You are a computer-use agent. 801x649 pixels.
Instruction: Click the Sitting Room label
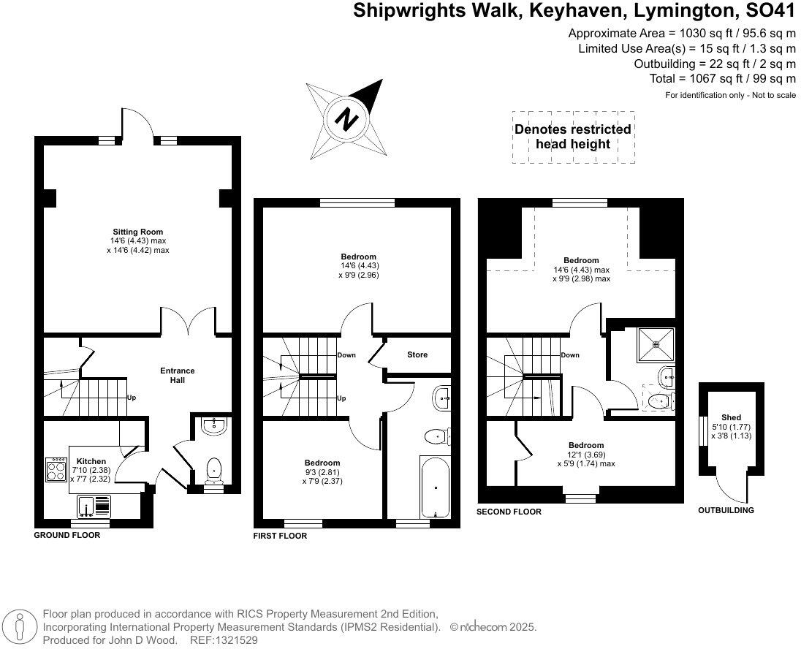(137, 232)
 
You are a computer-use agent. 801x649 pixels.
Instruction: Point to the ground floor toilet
(214, 469)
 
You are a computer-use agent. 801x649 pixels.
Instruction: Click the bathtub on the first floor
(434, 486)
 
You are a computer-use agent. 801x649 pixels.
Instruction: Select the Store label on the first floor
(417, 354)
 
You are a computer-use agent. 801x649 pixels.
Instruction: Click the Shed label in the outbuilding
(731, 417)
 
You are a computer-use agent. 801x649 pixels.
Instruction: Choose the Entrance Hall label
(178, 375)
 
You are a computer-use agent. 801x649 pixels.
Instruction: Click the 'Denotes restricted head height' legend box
(573, 137)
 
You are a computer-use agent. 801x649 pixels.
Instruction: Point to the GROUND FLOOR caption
(67, 535)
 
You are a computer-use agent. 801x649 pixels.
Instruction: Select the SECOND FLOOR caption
(509, 512)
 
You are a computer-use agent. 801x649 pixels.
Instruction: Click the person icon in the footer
(22, 626)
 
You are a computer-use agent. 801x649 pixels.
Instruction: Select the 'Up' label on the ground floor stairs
(132, 398)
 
